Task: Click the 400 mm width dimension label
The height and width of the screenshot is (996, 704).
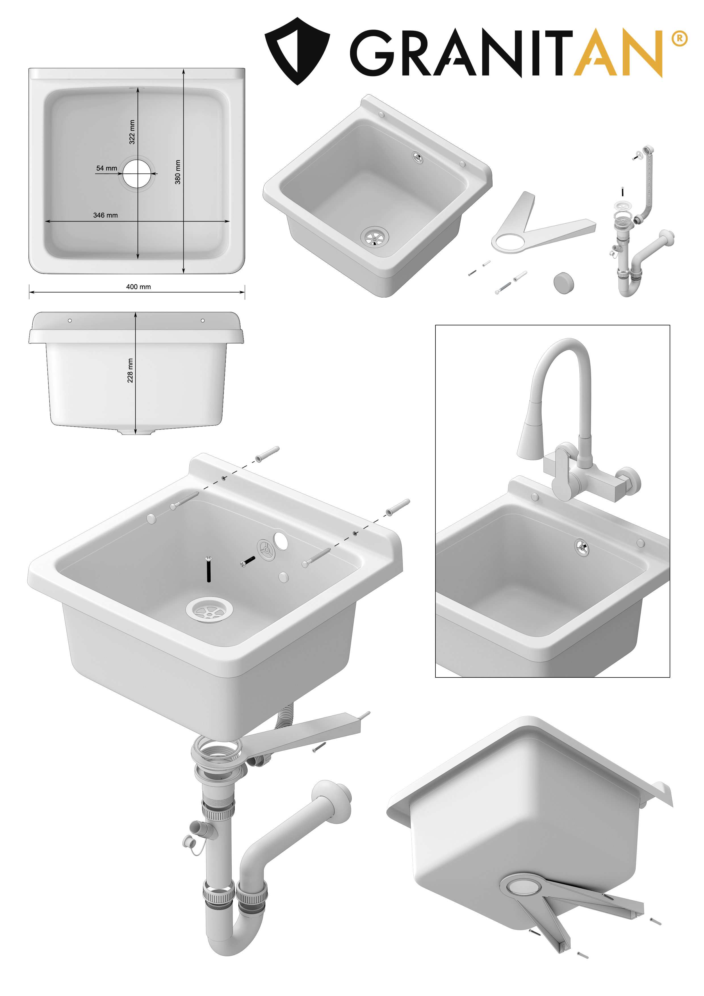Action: point(138,287)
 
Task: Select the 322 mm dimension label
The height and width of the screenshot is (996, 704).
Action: point(132,132)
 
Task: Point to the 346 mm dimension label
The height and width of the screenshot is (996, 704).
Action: point(105,215)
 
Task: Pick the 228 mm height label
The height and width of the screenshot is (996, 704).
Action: point(130,371)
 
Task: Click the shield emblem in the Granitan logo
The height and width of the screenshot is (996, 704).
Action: point(297,51)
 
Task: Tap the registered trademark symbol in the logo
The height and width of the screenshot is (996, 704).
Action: point(679,39)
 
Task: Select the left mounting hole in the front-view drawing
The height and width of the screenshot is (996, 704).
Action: point(70,321)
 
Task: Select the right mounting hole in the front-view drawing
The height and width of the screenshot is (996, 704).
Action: point(203,321)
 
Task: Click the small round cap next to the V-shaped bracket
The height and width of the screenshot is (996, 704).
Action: point(563,283)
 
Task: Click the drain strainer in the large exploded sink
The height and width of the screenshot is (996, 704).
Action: point(209,610)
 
